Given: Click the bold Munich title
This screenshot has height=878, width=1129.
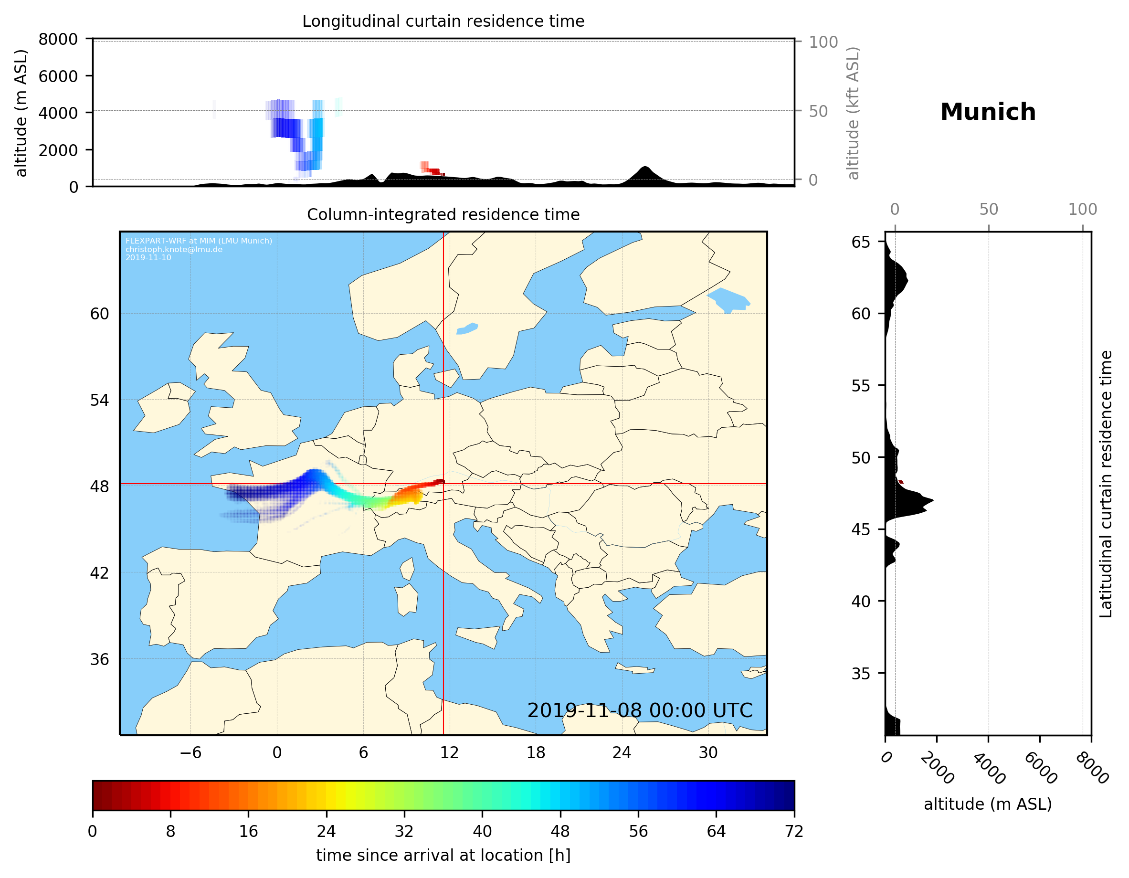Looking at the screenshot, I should [x=987, y=112].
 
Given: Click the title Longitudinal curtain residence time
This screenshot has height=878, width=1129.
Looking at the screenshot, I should [x=443, y=21].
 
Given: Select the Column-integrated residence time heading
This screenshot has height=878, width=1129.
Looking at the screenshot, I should [x=443, y=214].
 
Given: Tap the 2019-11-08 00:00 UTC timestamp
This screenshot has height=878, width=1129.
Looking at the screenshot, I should [x=640, y=710].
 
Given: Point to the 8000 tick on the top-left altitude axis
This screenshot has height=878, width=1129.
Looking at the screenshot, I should [x=58, y=39].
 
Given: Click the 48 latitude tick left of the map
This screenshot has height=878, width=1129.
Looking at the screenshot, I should [x=99, y=487].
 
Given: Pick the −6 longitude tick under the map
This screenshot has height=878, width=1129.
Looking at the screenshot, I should [x=190, y=752].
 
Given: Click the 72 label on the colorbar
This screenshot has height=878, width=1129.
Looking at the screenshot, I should [x=794, y=832].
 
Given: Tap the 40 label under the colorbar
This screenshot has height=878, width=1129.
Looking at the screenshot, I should [x=482, y=832].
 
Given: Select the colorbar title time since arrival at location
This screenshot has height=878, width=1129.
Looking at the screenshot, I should [x=443, y=855].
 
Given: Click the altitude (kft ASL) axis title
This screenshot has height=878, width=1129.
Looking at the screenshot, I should [x=853, y=113].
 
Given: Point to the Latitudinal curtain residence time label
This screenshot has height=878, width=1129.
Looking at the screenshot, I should [x=1105, y=484].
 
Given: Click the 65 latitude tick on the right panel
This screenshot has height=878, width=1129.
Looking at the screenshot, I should [x=861, y=242].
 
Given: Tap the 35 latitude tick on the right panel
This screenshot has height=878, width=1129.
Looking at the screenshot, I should [x=861, y=673].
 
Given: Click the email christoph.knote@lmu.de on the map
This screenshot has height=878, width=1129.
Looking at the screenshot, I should [x=174, y=249].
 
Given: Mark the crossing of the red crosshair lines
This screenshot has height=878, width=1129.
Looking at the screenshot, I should [x=443, y=484].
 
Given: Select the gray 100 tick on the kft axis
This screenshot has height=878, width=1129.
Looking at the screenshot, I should [x=823, y=42].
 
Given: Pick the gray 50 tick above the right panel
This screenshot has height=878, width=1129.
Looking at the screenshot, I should [x=988, y=210].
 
